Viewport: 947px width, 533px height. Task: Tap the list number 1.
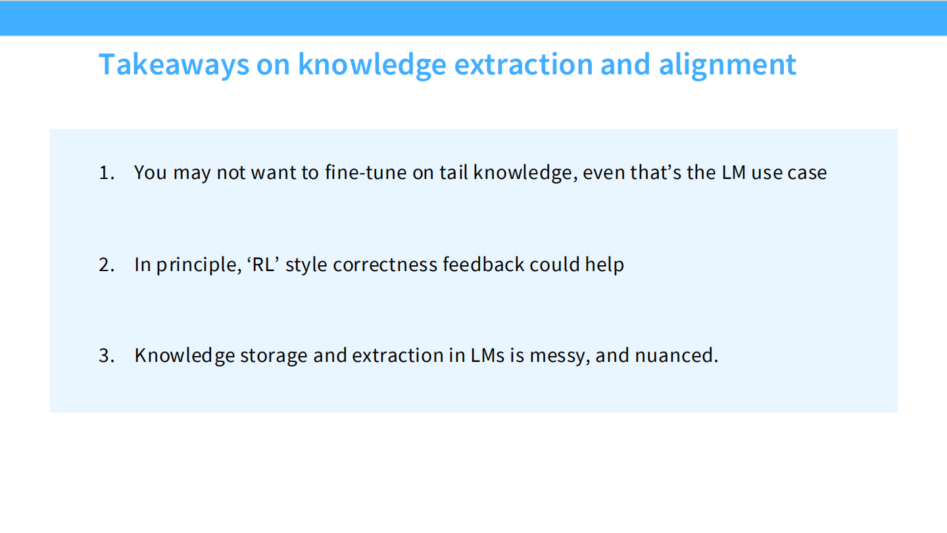(x=106, y=173)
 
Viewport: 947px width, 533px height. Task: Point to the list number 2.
(x=106, y=265)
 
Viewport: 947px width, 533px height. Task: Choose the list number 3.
(x=106, y=355)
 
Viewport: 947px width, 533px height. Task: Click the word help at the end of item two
(x=604, y=265)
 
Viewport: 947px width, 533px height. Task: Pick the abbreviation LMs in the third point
(x=487, y=355)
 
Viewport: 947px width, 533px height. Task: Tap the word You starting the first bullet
(x=150, y=173)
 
